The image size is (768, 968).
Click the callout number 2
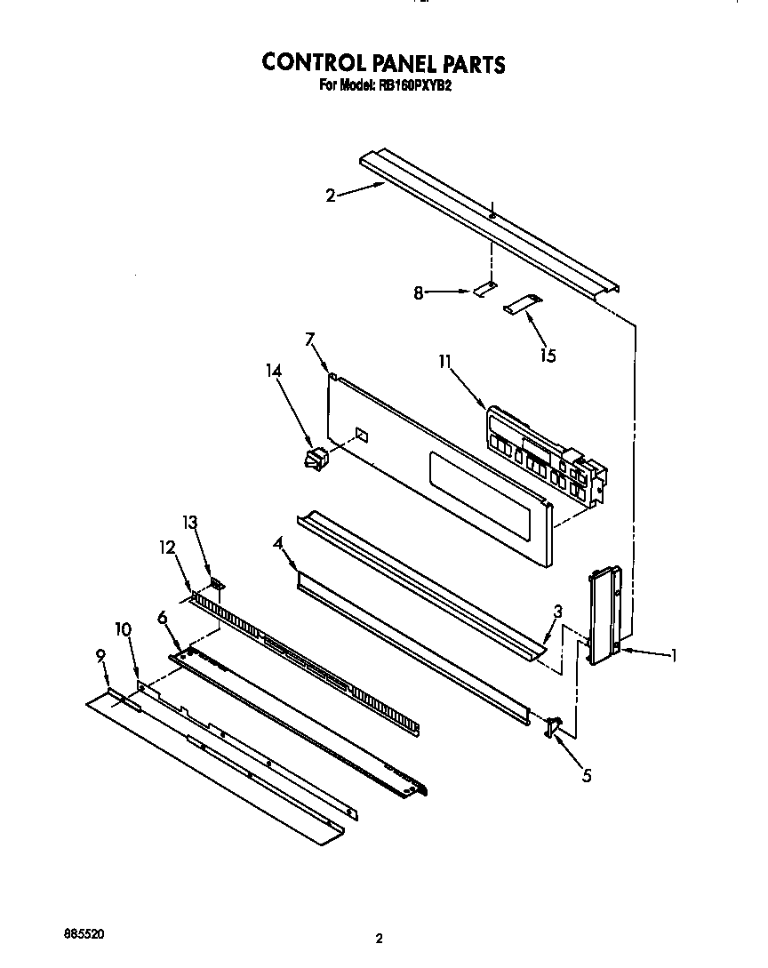tap(331, 196)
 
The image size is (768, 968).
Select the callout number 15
tap(548, 356)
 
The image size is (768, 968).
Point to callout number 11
tap(445, 362)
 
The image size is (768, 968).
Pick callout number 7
tap(310, 340)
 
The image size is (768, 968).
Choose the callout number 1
tap(674, 657)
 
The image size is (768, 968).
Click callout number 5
tap(586, 776)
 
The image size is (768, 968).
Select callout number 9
tap(100, 656)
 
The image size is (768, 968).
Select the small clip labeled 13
tap(216, 585)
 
